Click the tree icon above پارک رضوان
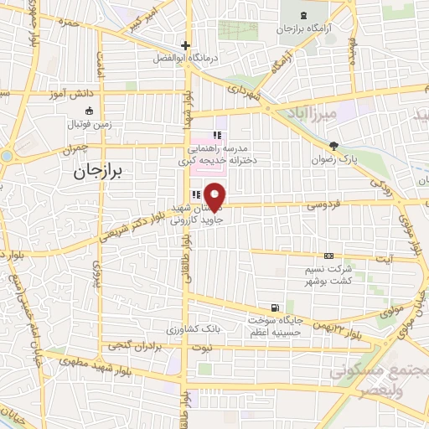[x=333, y=146]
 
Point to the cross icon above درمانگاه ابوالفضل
[x=185, y=45]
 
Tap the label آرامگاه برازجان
[x=304, y=28]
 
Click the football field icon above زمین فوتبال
[x=89, y=110]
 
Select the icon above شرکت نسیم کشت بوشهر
[x=328, y=256]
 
